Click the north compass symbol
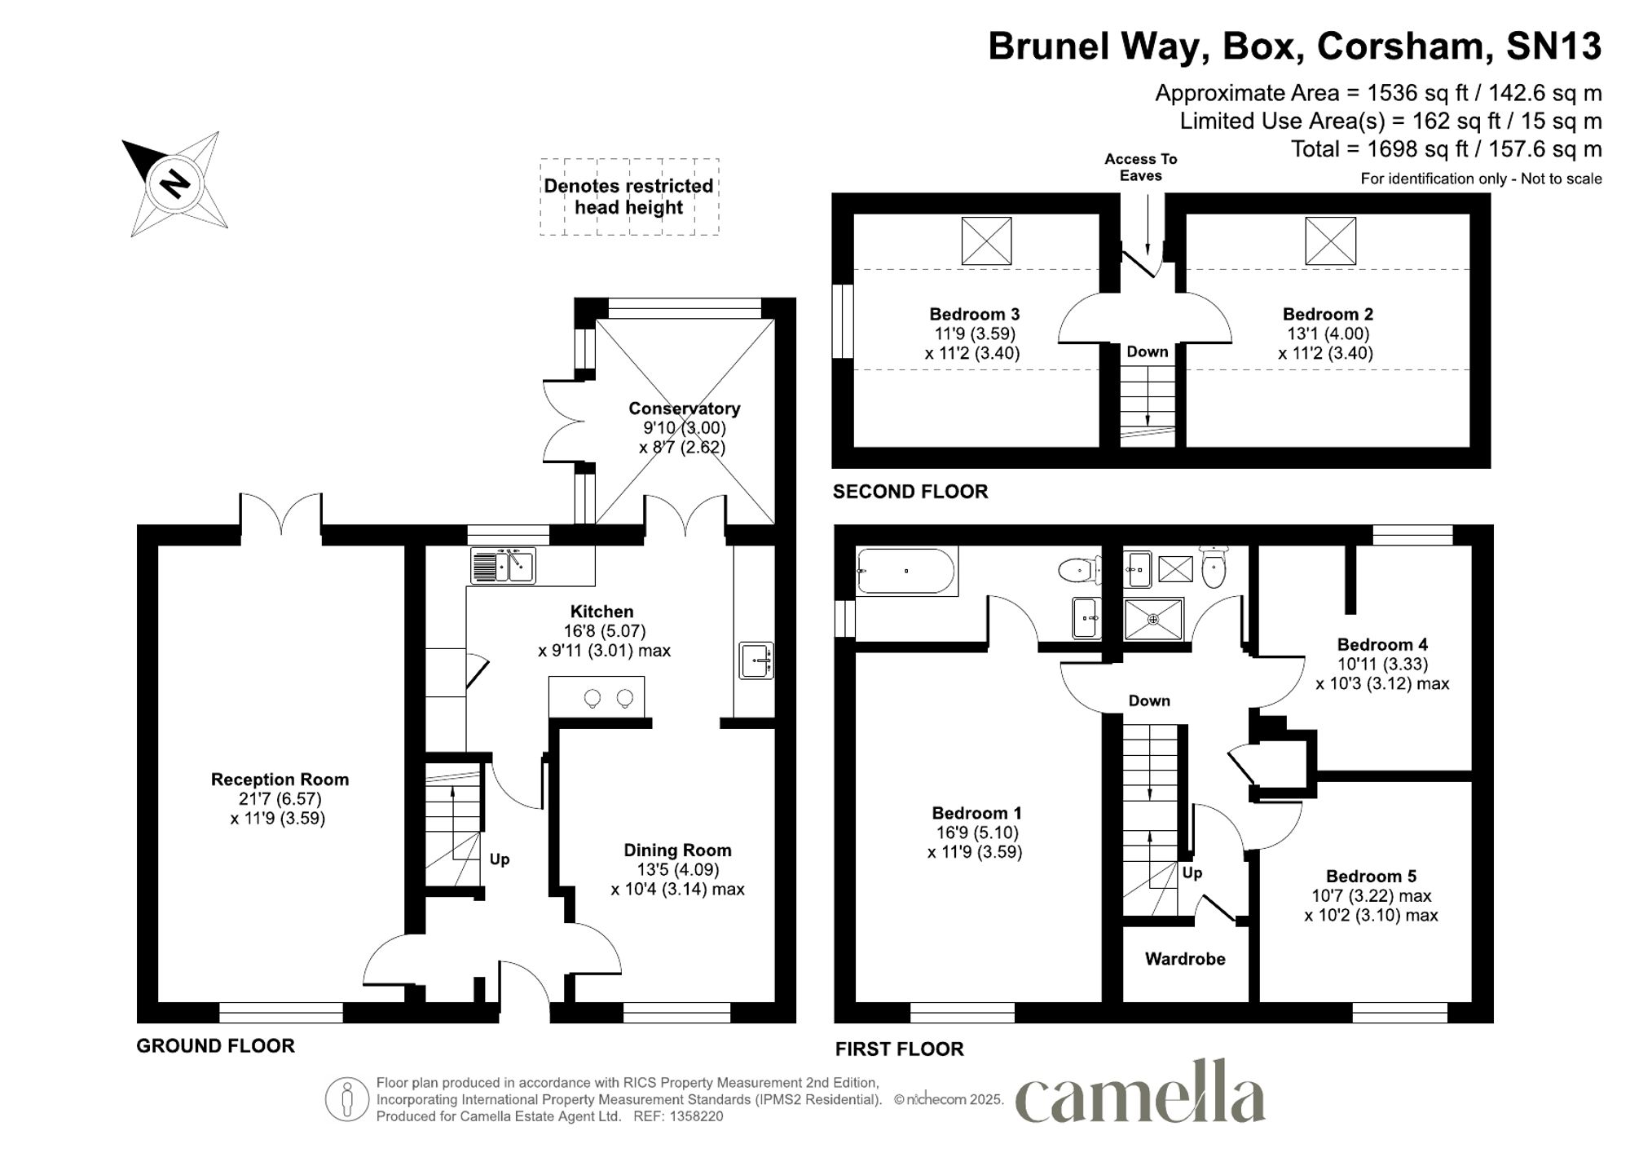click(x=174, y=183)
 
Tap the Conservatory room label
click(x=684, y=409)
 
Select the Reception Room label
click(x=280, y=780)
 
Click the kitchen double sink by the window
click(x=503, y=565)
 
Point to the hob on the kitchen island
click(x=608, y=698)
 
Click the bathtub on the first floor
click(x=905, y=571)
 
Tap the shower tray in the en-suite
click(x=1153, y=619)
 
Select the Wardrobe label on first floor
click(x=1185, y=959)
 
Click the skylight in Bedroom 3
click(x=986, y=241)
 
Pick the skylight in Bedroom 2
click(x=1330, y=241)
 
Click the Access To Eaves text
click(x=1140, y=167)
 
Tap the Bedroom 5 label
click(x=1371, y=877)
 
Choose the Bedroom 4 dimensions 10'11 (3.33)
click(x=1382, y=665)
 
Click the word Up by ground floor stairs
click(x=500, y=859)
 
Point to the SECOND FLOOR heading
click(x=910, y=492)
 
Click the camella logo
click(x=1140, y=1093)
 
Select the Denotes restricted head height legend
click(x=628, y=197)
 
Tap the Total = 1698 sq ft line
click(x=1446, y=149)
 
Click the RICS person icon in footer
click(x=347, y=1099)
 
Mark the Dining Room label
click(x=677, y=850)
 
